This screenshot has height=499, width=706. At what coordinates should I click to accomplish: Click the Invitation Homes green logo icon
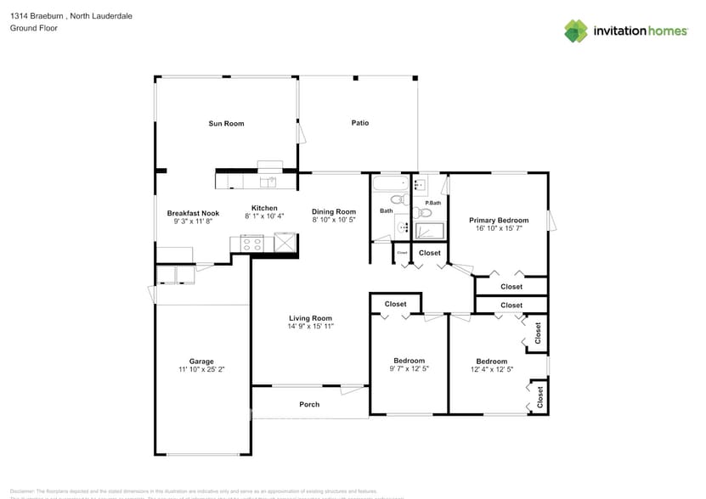pyautogui.click(x=576, y=31)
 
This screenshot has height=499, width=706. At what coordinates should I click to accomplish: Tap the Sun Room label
pyautogui.click(x=226, y=124)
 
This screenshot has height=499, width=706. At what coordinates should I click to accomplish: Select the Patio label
pyautogui.click(x=360, y=123)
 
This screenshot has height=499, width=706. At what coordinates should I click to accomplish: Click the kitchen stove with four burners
pyautogui.click(x=252, y=244)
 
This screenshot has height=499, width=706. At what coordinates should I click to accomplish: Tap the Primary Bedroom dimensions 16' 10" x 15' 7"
pyautogui.click(x=499, y=229)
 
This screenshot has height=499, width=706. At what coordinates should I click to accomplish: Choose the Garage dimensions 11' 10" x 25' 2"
pyautogui.click(x=201, y=370)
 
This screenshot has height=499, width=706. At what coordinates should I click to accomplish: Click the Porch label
pyautogui.click(x=309, y=404)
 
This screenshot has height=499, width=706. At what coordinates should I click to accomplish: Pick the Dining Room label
pyautogui.click(x=333, y=211)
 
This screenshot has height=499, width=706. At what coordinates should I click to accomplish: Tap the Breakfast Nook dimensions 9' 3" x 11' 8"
pyautogui.click(x=193, y=222)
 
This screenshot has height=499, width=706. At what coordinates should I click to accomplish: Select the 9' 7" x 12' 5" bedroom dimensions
pyautogui.click(x=409, y=369)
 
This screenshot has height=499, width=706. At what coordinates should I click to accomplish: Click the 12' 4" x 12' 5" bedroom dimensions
pyautogui.click(x=491, y=369)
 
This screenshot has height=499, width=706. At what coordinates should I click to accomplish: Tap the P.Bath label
pyautogui.click(x=433, y=203)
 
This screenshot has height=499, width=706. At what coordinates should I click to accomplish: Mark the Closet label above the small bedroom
pyautogui.click(x=395, y=304)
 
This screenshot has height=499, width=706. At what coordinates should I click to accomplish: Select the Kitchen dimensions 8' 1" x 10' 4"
pyautogui.click(x=263, y=216)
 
